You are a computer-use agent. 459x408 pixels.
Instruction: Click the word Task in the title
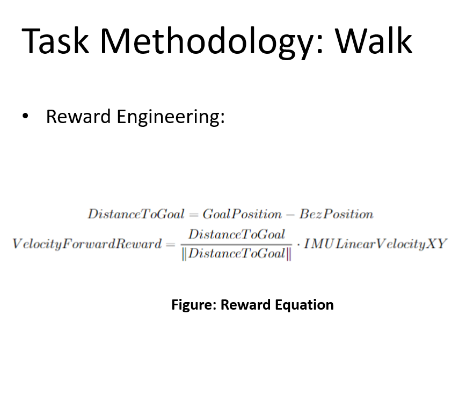coord(55,40)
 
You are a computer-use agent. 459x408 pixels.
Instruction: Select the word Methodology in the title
coord(212,42)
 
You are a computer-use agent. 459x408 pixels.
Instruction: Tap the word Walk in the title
coord(374,40)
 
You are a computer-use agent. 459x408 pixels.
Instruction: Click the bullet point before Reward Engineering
coord(25,116)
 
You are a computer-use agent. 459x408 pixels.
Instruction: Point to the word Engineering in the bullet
coord(171,117)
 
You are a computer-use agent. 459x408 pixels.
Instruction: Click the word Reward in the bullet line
coord(78,116)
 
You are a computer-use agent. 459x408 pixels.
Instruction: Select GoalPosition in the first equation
coord(242,214)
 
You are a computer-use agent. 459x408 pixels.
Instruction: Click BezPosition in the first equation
coord(337,214)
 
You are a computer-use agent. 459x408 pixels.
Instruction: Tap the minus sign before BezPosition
coord(290,215)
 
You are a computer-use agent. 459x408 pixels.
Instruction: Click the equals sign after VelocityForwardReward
coord(170,244)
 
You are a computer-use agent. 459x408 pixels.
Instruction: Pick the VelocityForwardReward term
coord(86,244)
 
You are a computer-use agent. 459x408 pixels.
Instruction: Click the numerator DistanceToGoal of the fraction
coord(237,234)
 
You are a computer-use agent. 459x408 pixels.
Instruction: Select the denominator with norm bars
coord(237,254)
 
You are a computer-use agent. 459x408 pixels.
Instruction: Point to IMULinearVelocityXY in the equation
coord(376,244)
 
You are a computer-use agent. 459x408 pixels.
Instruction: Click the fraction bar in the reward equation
coord(237,244)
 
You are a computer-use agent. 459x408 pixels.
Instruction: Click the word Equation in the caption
coord(304,305)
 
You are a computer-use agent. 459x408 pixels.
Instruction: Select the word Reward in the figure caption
coord(245,305)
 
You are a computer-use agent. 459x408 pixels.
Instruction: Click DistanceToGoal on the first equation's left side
coord(136,214)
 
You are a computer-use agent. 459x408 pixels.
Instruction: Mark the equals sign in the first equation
coord(194,215)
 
